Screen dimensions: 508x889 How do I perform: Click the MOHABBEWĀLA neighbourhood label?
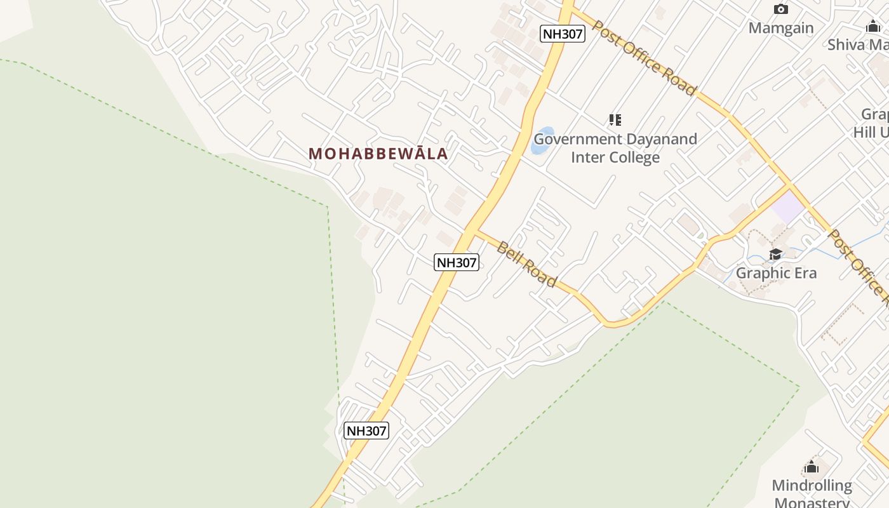coord(378,154)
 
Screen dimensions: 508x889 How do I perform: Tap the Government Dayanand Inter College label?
coord(615,148)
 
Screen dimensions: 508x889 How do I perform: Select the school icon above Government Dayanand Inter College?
coord(615,119)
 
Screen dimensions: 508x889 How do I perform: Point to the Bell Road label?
coord(526,264)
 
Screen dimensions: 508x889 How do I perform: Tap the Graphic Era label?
coord(776,274)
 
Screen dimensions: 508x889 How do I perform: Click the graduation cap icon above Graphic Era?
coord(775,255)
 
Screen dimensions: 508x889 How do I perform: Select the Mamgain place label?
coord(780,28)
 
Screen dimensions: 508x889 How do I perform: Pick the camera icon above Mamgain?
coord(781,9)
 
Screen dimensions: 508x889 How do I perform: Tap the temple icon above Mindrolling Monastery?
coord(811,468)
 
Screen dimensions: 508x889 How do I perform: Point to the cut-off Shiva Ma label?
coord(857,44)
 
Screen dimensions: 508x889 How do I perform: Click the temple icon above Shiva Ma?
coord(873,26)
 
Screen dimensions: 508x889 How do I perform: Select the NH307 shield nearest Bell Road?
coord(456,262)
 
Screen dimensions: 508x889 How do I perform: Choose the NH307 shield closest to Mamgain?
coord(562,34)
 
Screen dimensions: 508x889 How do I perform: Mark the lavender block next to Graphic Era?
coord(788,207)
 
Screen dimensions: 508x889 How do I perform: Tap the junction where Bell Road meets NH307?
coord(473,229)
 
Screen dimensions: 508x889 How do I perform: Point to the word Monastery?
coord(812,502)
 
